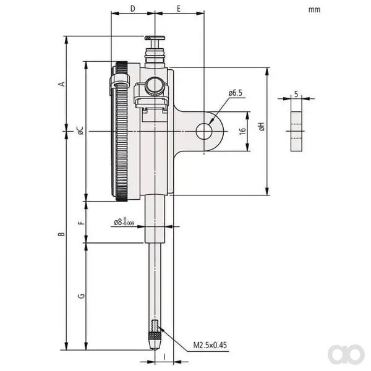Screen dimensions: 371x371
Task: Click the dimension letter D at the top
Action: click(x=133, y=9)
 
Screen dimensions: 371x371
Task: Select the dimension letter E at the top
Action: click(x=179, y=9)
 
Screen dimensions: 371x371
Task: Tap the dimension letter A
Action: click(x=61, y=83)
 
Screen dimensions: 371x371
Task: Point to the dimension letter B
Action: click(x=61, y=234)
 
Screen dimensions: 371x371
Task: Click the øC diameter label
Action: click(x=80, y=130)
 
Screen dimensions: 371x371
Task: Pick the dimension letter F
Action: click(x=81, y=223)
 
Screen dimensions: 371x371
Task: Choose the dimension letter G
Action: click(x=81, y=296)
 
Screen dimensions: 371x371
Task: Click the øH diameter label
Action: click(x=262, y=126)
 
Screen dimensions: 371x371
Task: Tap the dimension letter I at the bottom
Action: click(x=164, y=357)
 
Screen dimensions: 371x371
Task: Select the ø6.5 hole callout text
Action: click(x=236, y=93)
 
